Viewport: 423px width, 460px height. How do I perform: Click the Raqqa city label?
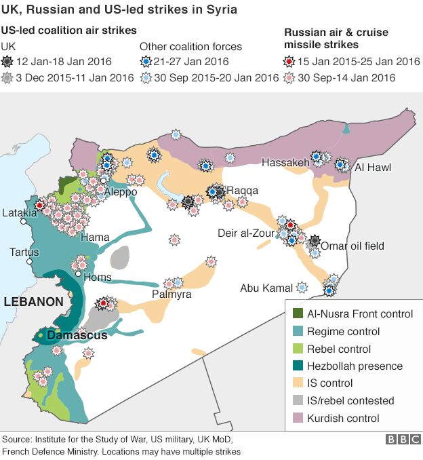click(242, 191)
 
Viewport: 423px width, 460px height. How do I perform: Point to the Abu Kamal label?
click(266, 288)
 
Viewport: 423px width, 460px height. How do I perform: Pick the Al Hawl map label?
click(373, 167)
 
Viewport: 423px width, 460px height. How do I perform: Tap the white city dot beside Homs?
click(79, 273)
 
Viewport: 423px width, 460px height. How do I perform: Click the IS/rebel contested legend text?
click(350, 400)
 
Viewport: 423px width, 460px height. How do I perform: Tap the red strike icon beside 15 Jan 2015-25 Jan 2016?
click(291, 62)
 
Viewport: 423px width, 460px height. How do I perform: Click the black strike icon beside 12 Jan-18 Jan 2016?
click(8, 62)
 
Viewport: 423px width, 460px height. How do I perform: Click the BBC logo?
click(403, 440)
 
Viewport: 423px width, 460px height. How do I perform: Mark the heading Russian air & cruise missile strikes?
click(331, 39)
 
